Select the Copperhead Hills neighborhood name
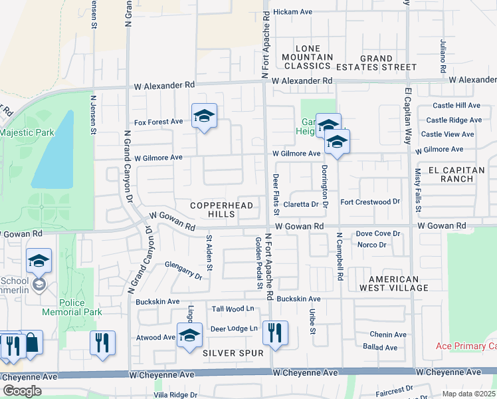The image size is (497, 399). click(x=222, y=210)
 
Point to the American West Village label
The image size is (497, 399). click(x=394, y=283)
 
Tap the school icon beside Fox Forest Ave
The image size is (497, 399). click(x=204, y=117)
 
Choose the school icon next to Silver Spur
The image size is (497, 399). click(x=189, y=335)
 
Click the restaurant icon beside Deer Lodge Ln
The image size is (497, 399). click(x=274, y=332)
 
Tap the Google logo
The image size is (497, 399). click(x=22, y=390)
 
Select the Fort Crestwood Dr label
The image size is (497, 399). click(x=369, y=201)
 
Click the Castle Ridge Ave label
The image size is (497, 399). click(x=454, y=120)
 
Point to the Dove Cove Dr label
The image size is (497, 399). click(x=378, y=233)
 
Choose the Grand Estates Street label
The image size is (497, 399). click(x=376, y=63)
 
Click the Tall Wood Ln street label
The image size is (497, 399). click(x=233, y=309)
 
